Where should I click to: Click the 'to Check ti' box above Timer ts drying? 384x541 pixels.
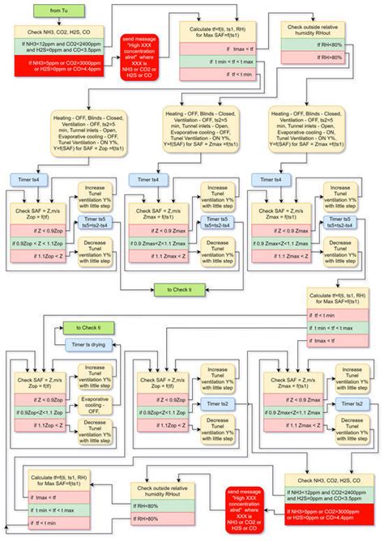click(x=83, y=327)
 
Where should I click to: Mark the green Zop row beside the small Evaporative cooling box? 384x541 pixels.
click(x=42, y=412)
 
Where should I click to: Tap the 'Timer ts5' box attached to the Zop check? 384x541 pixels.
click(x=99, y=223)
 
